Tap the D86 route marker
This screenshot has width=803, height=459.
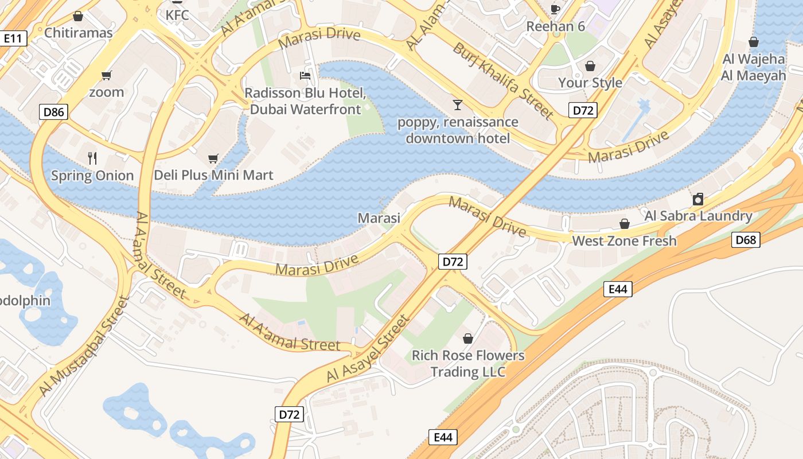pos(54,112)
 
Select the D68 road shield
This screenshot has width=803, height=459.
pos(746,240)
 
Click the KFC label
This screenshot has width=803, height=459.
pos(177,15)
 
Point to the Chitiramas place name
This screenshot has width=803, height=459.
pos(79,33)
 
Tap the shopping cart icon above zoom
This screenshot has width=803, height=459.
pos(106,75)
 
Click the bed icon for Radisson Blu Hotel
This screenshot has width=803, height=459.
pos(305,76)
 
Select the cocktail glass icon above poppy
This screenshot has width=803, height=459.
pos(457,104)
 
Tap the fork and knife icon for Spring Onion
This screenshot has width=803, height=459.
pos(92,158)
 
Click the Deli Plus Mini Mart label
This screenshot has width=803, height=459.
pos(213,175)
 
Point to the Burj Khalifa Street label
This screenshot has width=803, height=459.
pos(503,80)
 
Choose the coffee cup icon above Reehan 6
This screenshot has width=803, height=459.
pos(555,9)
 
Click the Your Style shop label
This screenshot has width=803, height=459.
pos(590,83)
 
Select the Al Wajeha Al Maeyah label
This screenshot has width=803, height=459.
pos(753,67)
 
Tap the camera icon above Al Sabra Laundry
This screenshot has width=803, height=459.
pos(698,199)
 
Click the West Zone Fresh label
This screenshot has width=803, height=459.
pos(624,241)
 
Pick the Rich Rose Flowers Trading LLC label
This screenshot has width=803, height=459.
pos(468,363)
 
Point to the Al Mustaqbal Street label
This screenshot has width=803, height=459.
pos(84,347)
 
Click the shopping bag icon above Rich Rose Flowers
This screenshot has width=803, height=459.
pos(468,339)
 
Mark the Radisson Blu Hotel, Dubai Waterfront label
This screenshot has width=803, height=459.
pos(305,101)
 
